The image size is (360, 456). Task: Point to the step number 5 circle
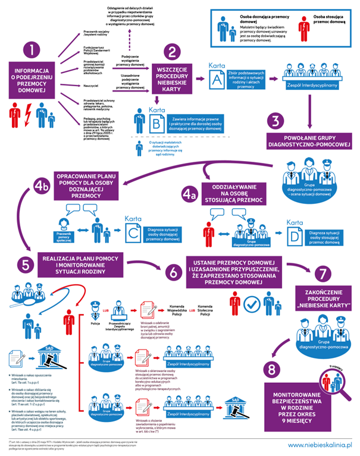26,264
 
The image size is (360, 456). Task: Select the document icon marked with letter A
217,78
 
